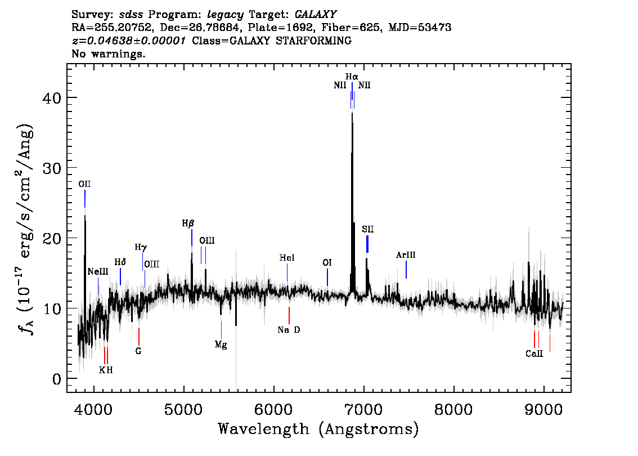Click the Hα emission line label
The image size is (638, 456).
(x=352, y=77)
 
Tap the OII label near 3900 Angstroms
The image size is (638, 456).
(x=84, y=184)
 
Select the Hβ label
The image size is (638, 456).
(x=188, y=223)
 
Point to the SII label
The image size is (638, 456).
(x=368, y=229)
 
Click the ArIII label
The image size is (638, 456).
(x=406, y=255)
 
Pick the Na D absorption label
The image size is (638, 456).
(x=289, y=330)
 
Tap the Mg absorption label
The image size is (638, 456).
(x=221, y=345)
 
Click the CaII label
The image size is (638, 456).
(x=534, y=354)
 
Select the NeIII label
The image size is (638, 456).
(x=98, y=271)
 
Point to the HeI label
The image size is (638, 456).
(x=287, y=258)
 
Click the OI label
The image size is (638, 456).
(x=327, y=262)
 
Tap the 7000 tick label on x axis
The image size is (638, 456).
(x=363, y=409)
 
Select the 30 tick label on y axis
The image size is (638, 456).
(x=52, y=168)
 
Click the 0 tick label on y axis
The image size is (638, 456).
(x=57, y=379)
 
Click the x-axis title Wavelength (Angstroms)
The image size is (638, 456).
(x=318, y=429)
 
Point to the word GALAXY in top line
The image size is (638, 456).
(x=316, y=14)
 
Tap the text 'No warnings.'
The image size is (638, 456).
(x=108, y=53)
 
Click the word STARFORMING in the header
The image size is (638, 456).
(x=313, y=41)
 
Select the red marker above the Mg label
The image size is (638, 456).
(x=221, y=330)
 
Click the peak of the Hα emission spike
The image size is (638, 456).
(x=352, y=113)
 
